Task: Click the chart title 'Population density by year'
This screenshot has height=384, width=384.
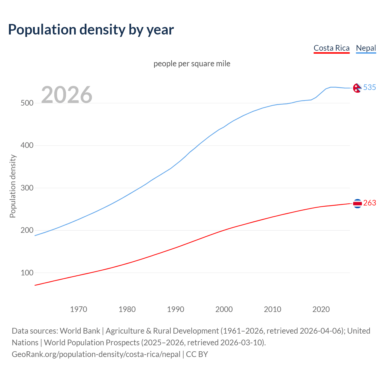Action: tap(91, 30)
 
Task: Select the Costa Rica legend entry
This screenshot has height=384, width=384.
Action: tap(331, 48)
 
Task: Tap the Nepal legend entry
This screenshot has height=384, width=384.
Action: tap(366, 48)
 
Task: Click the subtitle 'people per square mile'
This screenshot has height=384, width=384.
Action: tap(192, 64)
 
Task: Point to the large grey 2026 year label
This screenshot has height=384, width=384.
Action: tap(67, 95)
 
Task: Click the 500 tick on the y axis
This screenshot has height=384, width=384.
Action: tap(27, 103)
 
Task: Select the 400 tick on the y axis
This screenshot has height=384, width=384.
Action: tap(27, 145)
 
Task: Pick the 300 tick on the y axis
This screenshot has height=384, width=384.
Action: tap(27, 188)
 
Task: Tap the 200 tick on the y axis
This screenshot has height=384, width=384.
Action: tap(27, 230)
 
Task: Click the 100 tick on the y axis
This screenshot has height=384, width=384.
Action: tap(27, 273)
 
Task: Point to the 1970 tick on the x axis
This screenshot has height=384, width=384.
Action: tap(79, 309)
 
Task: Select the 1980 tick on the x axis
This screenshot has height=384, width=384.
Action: tap(127, 309)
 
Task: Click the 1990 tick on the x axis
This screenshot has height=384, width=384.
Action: tap(175, 309)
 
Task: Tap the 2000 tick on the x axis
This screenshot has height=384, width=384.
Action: tap(224, 309)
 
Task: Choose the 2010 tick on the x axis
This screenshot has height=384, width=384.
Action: tap(272, 309)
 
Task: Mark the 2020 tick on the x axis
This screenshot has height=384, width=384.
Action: tap(321, 309)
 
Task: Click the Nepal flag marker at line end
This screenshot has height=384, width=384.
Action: tap(357, 88)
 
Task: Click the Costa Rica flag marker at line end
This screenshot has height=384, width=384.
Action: tap(357, 203)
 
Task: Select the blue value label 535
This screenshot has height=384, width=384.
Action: tap(370, 87)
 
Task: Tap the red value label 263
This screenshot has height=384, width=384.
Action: tap(370, 203)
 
